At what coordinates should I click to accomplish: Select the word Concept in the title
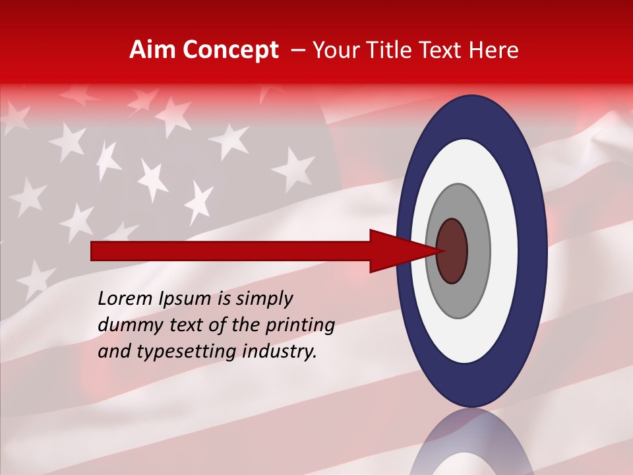(x=230, y=51)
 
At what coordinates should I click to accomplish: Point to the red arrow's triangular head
(x=396, y=251)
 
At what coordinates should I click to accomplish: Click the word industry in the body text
(x=280, y=352)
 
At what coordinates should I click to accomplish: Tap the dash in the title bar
(x=298, y=51)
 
